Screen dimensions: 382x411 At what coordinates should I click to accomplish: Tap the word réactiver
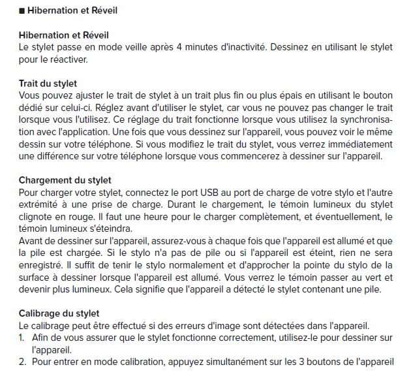click(x=67, y=59)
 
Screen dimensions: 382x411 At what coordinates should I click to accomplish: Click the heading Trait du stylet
click(x=48, y=84)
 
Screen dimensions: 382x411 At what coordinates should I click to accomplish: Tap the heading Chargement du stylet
click(x=65, y=180)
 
